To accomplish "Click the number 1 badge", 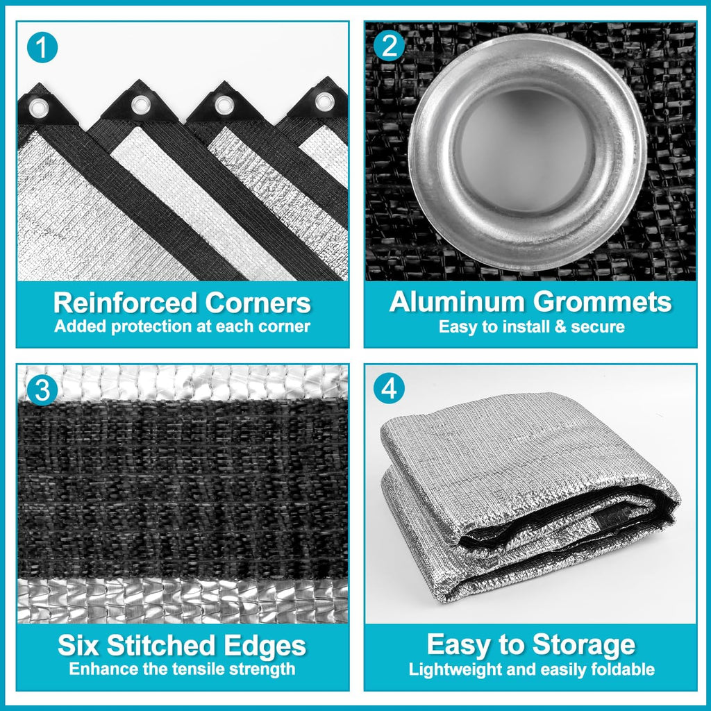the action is [x=42, y=47].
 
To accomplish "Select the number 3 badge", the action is [x=42, y=390].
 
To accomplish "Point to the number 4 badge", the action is [x=389, y=388].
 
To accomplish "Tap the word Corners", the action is [x=258, y=303].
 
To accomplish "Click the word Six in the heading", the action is [x=78, y=645].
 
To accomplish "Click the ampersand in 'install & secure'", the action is [x=561, y=327].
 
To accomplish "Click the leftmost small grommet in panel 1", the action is [x=39, y=108].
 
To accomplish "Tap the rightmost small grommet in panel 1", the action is [x=325, y=101].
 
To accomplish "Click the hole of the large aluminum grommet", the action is [x=527, y=151].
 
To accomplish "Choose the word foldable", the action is [x=626, y=669].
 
